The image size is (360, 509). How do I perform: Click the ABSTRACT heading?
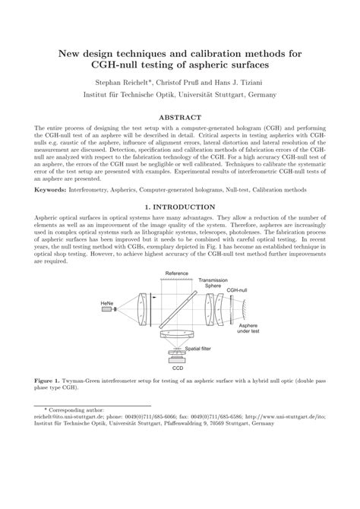click(x=180, y=119)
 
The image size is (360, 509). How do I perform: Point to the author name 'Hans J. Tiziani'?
click(x=242, y=80)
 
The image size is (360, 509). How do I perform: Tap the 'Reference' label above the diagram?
click(x=177, y=273)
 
